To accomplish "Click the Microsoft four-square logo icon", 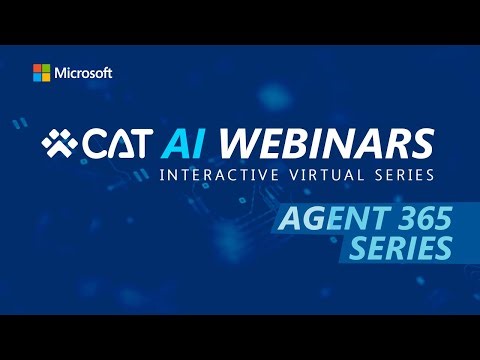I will pyautogui.click(x=41, y=73).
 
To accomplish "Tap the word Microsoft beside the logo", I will pyautogui.click(x=84, y=73).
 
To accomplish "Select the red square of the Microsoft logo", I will pyautogui.click(x=37, y=69).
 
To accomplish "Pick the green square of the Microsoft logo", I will pyautogui.click(x=46, y=69).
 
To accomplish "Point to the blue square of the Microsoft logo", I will pyautogui.click(x=37, y=78).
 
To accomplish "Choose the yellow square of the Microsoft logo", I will pyautogui.click(x=46, y=78).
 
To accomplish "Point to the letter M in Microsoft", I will pyautogui.click(x=60, y=73).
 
